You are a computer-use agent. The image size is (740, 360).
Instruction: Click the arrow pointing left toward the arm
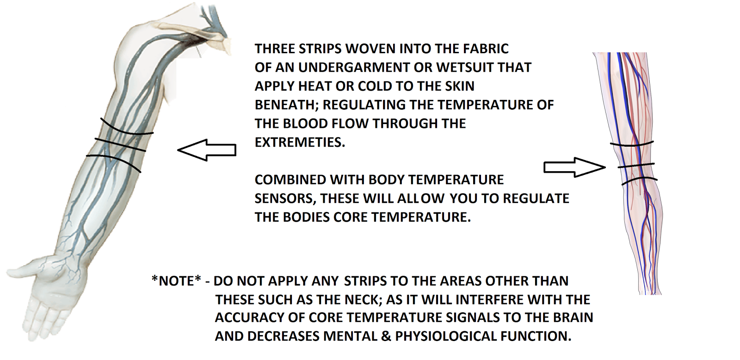(x=207, y=150)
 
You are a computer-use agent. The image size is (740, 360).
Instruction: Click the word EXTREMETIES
(x=300, y=142)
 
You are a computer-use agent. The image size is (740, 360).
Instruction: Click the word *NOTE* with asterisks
(x=176, y=281)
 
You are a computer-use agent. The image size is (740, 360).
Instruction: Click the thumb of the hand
(x=23, y=270)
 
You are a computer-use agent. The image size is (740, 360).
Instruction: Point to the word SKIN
(x=459, y=86)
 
